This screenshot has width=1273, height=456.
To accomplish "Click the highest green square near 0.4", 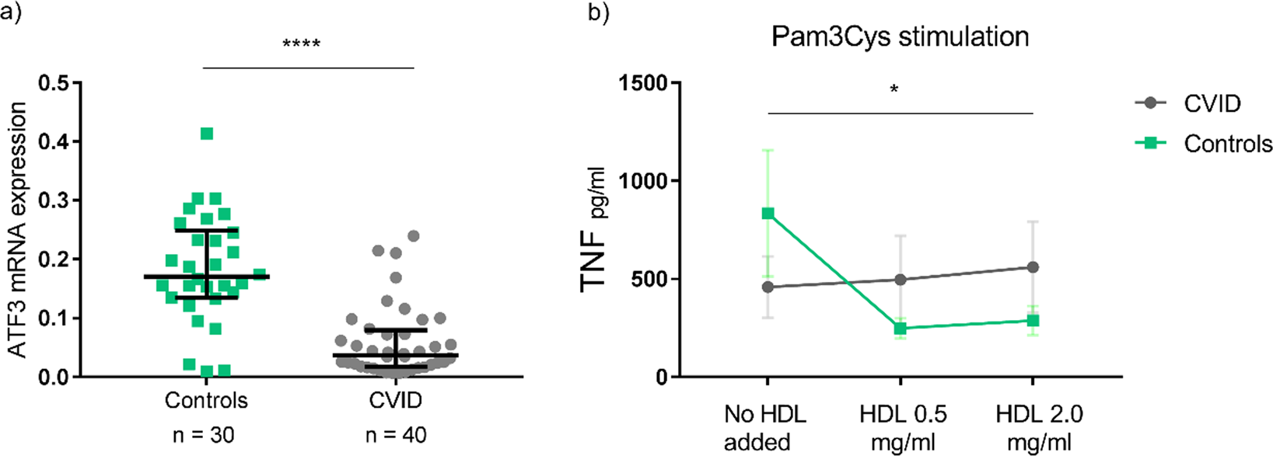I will click(207, 134).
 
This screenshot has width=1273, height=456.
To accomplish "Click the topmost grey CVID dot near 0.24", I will click(414, 235).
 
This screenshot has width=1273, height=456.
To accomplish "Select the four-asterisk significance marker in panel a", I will click(302, 44).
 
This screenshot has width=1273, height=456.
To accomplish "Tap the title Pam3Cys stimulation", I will click(900, 37).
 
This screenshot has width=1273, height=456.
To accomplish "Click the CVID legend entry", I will click(1212, 103).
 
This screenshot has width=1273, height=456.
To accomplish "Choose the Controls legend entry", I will click(1227, 144).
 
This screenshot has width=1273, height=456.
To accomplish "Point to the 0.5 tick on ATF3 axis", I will click(53, 83).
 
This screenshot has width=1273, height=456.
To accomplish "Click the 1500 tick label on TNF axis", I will click(645, 83).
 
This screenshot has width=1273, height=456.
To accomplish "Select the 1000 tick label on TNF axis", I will click(645, 181).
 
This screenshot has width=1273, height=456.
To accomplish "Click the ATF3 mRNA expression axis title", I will click(17, 229).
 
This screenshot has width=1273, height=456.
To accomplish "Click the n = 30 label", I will click(204, 434).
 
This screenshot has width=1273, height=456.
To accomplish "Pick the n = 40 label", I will click(396, 434).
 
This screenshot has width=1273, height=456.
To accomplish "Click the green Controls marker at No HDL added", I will click(768, 214).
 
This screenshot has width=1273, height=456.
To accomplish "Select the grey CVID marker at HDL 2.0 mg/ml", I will click(1033, 267).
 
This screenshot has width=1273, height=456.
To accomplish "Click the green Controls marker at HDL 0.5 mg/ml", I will click(901, 329).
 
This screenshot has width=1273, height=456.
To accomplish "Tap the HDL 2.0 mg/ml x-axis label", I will click(1039, 428).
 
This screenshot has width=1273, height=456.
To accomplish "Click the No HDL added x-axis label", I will click(764, 428).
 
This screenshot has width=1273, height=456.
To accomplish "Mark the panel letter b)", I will click(598, 13).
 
